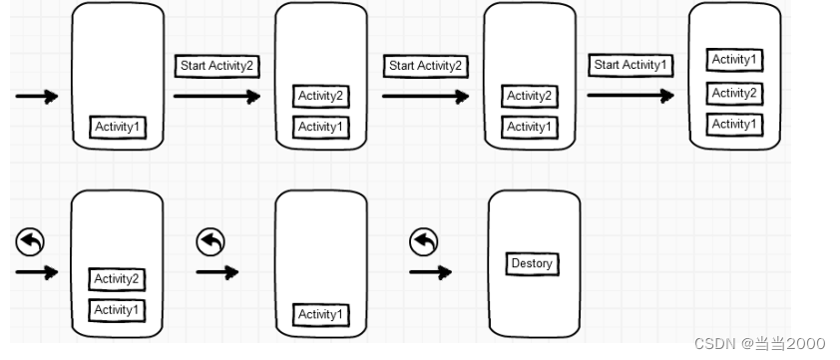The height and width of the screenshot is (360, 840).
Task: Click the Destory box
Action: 532,264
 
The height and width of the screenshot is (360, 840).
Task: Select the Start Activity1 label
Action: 632,65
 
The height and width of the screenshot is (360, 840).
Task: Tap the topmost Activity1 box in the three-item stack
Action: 735,60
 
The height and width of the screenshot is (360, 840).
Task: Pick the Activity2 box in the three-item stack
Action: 735,93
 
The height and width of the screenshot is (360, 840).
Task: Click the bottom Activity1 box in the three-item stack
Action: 735,125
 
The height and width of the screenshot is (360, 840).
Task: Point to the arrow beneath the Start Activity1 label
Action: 630,96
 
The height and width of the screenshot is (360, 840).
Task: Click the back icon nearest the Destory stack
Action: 425,241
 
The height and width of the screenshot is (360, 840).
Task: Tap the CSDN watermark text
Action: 760,343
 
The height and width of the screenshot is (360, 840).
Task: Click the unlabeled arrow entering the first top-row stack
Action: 37,97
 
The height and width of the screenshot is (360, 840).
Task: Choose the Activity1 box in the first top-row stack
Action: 118,127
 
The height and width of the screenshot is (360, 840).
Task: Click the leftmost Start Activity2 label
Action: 217,66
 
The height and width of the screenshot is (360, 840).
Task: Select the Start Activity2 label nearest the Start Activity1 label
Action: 426,66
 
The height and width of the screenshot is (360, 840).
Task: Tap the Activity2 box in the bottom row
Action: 116,278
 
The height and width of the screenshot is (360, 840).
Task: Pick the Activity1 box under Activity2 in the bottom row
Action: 116,310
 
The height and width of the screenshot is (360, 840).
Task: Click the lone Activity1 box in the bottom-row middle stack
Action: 321,314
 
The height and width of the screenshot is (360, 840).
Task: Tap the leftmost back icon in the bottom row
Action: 31,241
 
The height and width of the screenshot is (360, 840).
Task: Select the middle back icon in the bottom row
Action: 210,241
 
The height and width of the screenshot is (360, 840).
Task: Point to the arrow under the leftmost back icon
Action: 37,271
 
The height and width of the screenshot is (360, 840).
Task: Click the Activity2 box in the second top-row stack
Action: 321,96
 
